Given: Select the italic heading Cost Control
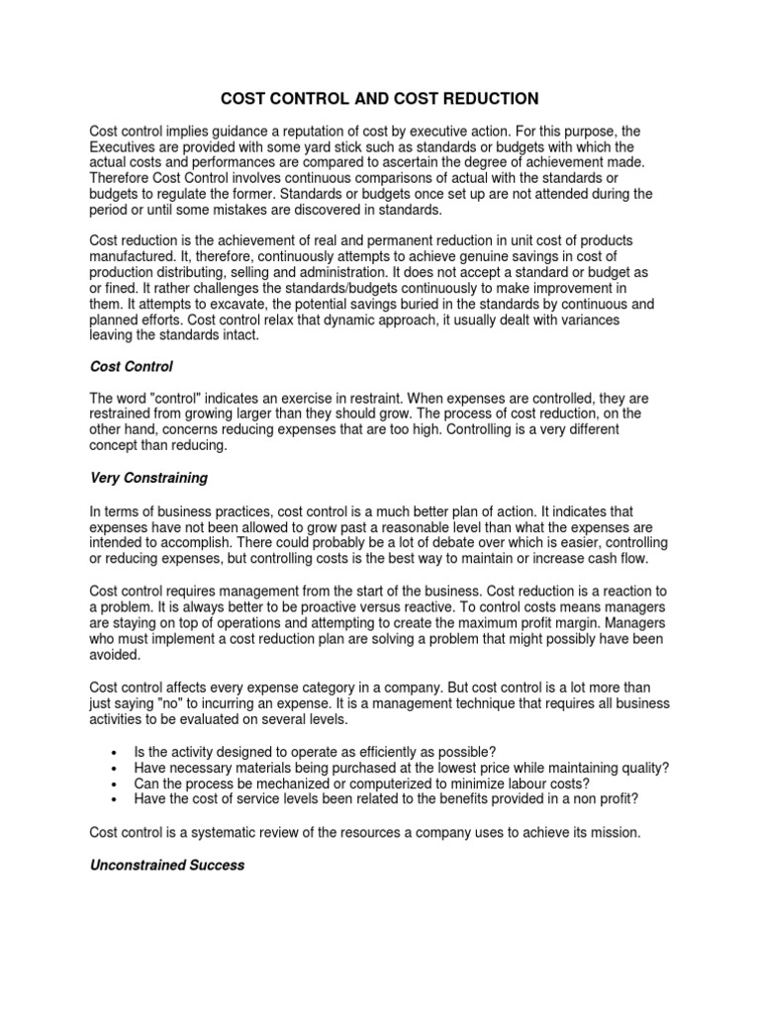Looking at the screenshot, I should (131, 366).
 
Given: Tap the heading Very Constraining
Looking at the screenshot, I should (148, 478).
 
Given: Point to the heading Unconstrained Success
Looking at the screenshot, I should (167, 865).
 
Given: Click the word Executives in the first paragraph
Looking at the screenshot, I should (127, 146).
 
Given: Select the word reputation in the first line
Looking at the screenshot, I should (311, 131).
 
